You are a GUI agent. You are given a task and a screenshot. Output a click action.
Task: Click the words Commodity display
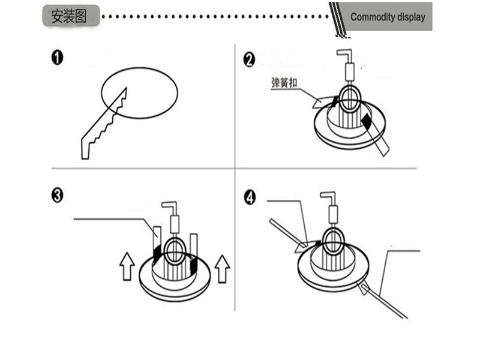point(388,17)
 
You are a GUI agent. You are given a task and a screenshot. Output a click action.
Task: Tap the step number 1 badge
point(58,58)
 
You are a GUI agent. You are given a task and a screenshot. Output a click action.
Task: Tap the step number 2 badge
point(250,59)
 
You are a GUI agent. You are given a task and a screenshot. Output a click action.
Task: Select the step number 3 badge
point(58,196)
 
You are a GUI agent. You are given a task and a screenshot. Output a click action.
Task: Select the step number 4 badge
point(250,198)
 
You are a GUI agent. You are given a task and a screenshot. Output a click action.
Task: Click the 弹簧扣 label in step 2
point(284,83)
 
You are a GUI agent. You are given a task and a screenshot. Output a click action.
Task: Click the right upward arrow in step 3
point(222,268)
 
